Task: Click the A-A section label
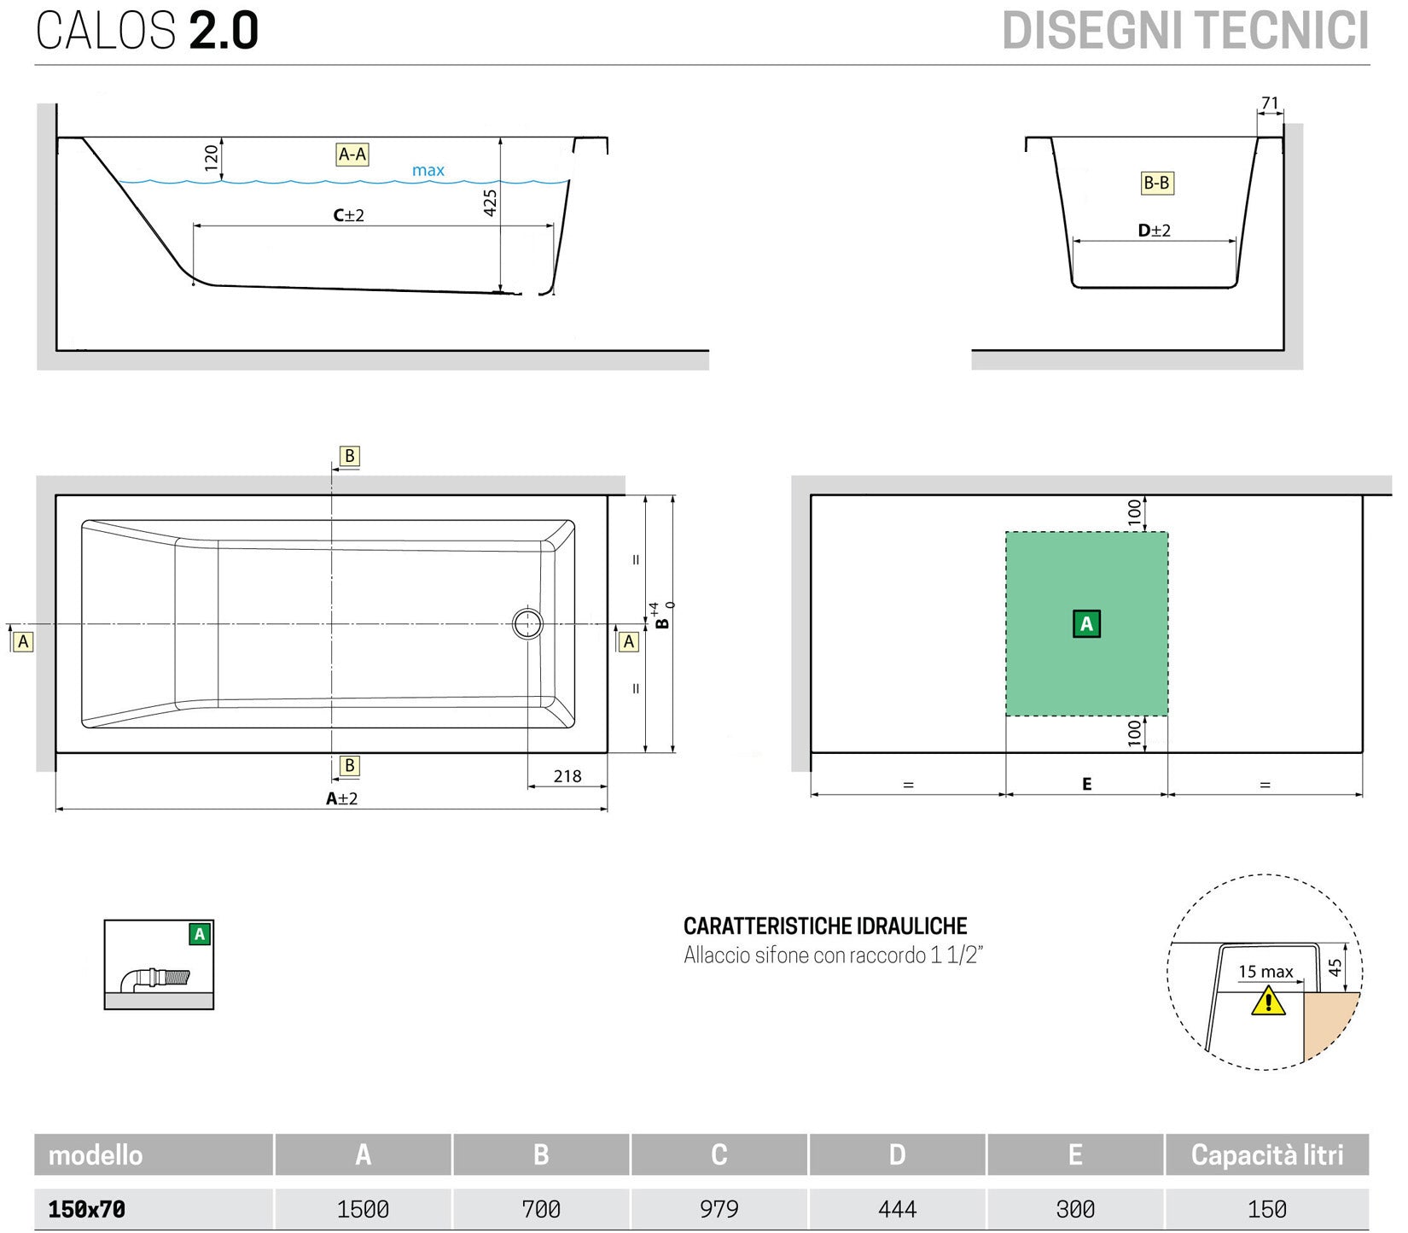pyautogui.click(x=352, y=155)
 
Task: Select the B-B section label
pyautogui.click(x=1156, y=183)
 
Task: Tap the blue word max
pyautogui.click(x=428, y=170)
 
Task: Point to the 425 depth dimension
pyautogui.click(x=490, y=202)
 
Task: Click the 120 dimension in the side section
pyautogui.click(x=212, y=157)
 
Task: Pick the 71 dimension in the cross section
pyautogui.click(x=1270, y=103)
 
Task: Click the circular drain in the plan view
pyautogui.click(x=527, y=623)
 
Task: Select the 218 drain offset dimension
pyautogui.click(x=567, y=776)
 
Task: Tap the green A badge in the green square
pyautogui.click(x=1086, y=623)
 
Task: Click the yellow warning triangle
pyautogui.click(x=1268, y=1001)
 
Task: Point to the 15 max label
pyautogui.click(x=1265, y=972)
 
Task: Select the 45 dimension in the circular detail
pyautogui.click(x=1335, y=967)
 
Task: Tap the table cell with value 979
pyautogui.click(x=719, y=1209)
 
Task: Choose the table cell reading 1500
pyautogui.click(x=363, y=1209)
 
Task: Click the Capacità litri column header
pyautogui.click(x=1266, y=1155)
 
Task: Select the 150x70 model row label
pyautogui.click(x=87, y=1209)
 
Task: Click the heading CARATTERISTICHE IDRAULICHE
pyautogui.click(x=825, y=926)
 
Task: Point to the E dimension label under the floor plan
pyautogui.click(x=1086, y=784)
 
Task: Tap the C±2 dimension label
pyautogui.click(x=348, y=215)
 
